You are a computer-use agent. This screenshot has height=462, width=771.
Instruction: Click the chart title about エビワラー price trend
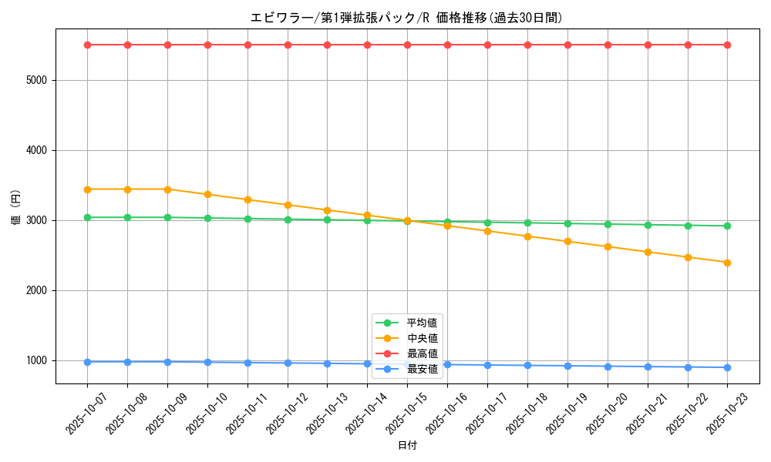[406, 18]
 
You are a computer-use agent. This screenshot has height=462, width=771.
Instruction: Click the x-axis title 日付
[407, 446]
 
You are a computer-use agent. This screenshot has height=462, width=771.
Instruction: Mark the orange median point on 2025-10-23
[727, 263]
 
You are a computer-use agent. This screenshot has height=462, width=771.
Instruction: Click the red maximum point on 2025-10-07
[87, 45]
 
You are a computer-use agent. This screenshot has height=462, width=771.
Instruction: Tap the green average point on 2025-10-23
[727, 226]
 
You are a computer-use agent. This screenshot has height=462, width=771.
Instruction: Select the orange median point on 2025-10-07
[87, 189]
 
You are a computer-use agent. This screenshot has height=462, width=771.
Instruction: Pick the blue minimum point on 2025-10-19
[567, 366]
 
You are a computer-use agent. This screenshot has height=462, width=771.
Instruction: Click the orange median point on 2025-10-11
[247, 199]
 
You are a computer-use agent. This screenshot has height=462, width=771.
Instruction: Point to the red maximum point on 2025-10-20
[608, 45]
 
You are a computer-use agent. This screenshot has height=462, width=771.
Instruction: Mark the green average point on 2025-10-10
[207, 218]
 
